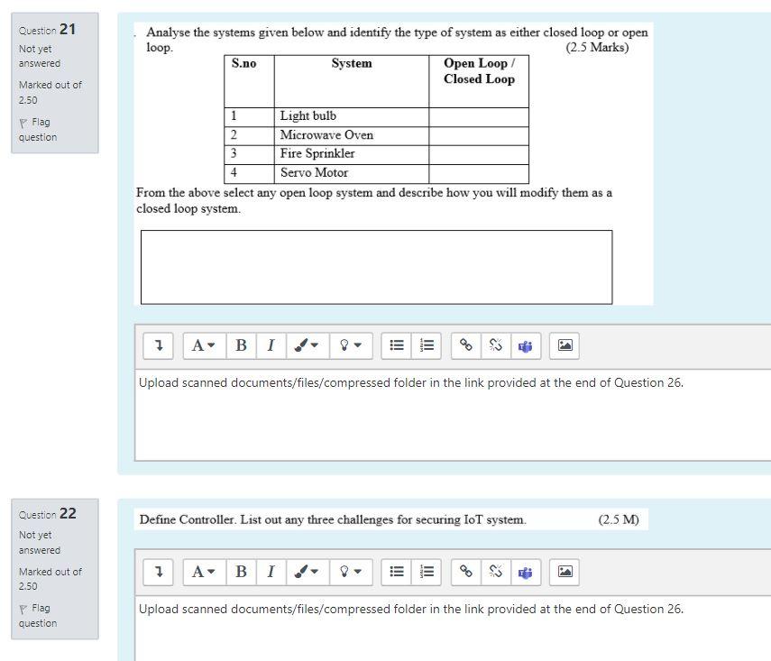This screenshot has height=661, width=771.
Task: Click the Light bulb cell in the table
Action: click(x=308, y=116)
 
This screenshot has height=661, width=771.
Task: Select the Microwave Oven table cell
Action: click(x=326, y=135)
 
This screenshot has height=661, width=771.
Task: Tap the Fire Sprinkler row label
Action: click(x=317, y=154)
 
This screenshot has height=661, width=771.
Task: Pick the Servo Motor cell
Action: click(x=314, y=172)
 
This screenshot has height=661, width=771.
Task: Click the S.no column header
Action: click(x=244, y=64)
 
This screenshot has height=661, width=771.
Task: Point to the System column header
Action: click(x=351, y=64)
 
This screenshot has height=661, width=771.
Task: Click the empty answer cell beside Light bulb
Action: click(x=478, y=116)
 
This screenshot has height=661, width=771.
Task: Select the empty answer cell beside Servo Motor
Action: click(x=478, y=172)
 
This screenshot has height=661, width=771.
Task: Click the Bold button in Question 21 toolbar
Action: click(x=241, y=344)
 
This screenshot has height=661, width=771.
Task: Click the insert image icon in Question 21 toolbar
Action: click(x=565, y=344)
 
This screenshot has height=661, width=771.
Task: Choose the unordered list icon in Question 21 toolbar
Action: click(x=396, y=344)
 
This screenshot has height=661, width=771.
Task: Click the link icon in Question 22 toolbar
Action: click(x=466, y=571)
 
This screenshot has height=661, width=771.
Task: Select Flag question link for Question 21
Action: click(x=37, y=130)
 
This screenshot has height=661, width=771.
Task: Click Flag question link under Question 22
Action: click(x=37, y=616)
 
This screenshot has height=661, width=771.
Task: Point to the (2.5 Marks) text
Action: click(x=597, y=48)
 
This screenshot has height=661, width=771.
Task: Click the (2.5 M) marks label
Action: click(x=618, y=519)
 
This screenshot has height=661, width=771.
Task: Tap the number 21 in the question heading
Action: click(x=68, y=30)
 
